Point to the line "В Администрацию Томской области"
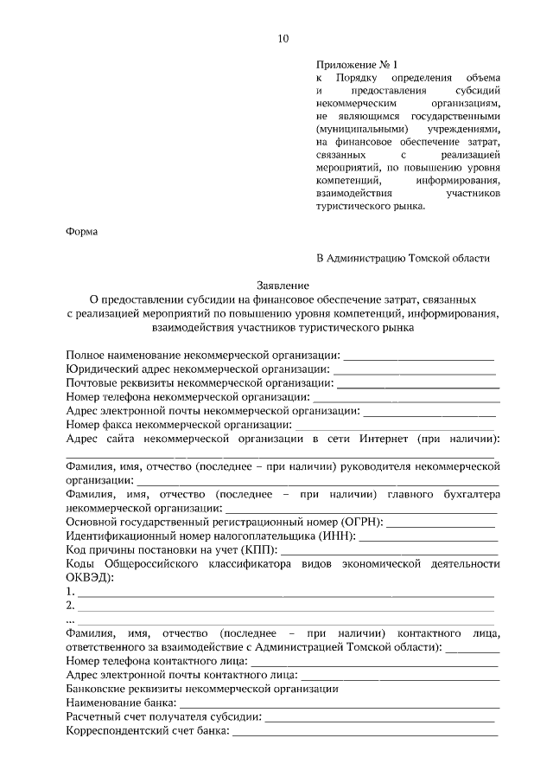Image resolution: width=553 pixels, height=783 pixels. [x=404, y=258]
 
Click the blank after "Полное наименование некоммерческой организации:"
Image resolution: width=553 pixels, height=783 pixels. [x=419, y=356]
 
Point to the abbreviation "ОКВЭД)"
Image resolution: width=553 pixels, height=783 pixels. [x=90, y=578]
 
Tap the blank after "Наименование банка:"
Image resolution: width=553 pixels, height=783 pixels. [x=338, y=703]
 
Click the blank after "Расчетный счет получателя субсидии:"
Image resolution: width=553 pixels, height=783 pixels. [x=379, y=717]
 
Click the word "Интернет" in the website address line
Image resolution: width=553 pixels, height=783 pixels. [x=383, y=439]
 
